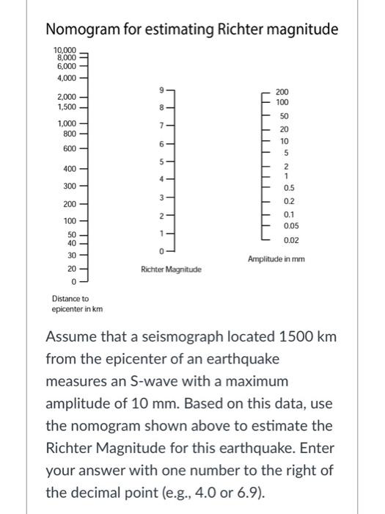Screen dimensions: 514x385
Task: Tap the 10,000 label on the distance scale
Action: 65,48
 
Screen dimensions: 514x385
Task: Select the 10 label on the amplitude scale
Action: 284,141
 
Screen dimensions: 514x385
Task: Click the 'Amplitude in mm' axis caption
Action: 276,259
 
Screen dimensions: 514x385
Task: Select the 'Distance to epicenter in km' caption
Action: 77,303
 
